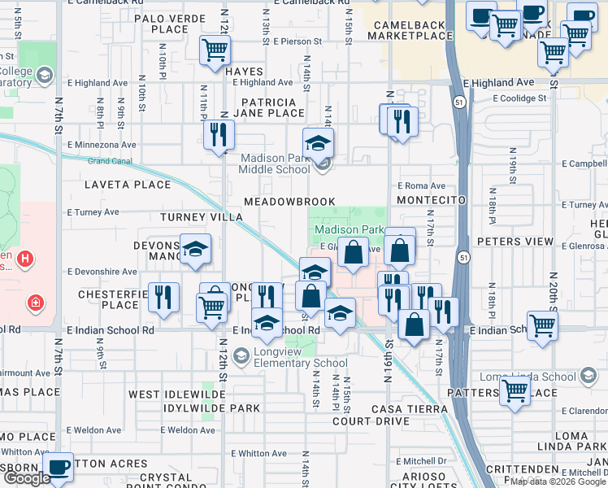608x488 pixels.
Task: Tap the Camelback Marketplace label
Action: (411, 30)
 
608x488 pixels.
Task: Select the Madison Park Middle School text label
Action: (274, 163)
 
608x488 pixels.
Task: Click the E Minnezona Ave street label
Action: (102, 145)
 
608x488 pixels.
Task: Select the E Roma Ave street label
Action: (421, 185)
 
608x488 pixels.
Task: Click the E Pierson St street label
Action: (298, 41)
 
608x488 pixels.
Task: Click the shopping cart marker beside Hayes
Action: (215, 50)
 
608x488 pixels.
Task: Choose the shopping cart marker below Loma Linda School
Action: (515, 390)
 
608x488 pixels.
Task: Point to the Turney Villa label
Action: (201, 217)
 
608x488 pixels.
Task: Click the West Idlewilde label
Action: (177, 394)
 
